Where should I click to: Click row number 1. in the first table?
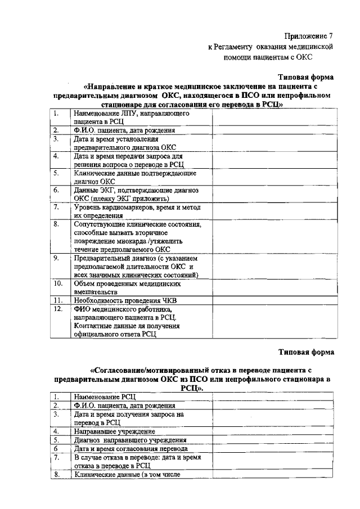(x=56, y=112)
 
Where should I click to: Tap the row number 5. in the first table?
(x=56, y=173)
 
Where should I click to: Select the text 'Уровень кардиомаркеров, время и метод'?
(x=137, y=208)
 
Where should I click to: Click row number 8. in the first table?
(x=56, y=224)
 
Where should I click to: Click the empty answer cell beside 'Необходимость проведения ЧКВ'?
(x=274, y=301)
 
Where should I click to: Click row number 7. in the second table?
(x=56, y=458)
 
